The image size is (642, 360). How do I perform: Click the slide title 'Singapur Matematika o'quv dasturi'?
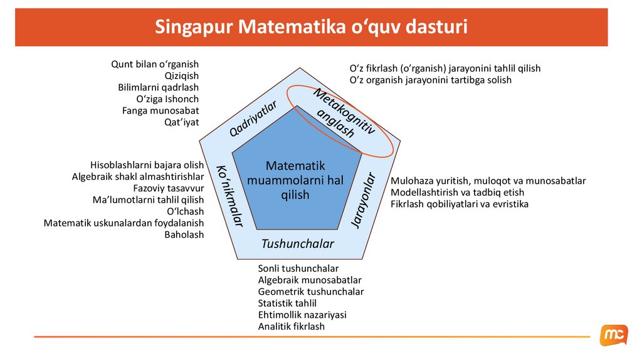311,28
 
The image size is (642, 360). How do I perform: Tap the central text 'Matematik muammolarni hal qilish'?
295,181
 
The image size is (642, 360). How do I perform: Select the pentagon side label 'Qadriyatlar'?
252,118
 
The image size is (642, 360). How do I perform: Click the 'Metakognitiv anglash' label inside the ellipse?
341,114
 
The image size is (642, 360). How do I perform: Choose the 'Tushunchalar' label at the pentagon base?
297,243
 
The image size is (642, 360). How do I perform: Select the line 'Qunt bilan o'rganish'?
155,64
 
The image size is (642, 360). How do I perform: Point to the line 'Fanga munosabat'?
160,110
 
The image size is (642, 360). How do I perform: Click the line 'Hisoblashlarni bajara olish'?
147,165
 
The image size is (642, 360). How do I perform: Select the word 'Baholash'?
184,235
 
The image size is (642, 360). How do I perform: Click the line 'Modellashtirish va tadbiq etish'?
457,193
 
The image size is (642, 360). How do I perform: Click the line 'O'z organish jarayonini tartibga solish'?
430,80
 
